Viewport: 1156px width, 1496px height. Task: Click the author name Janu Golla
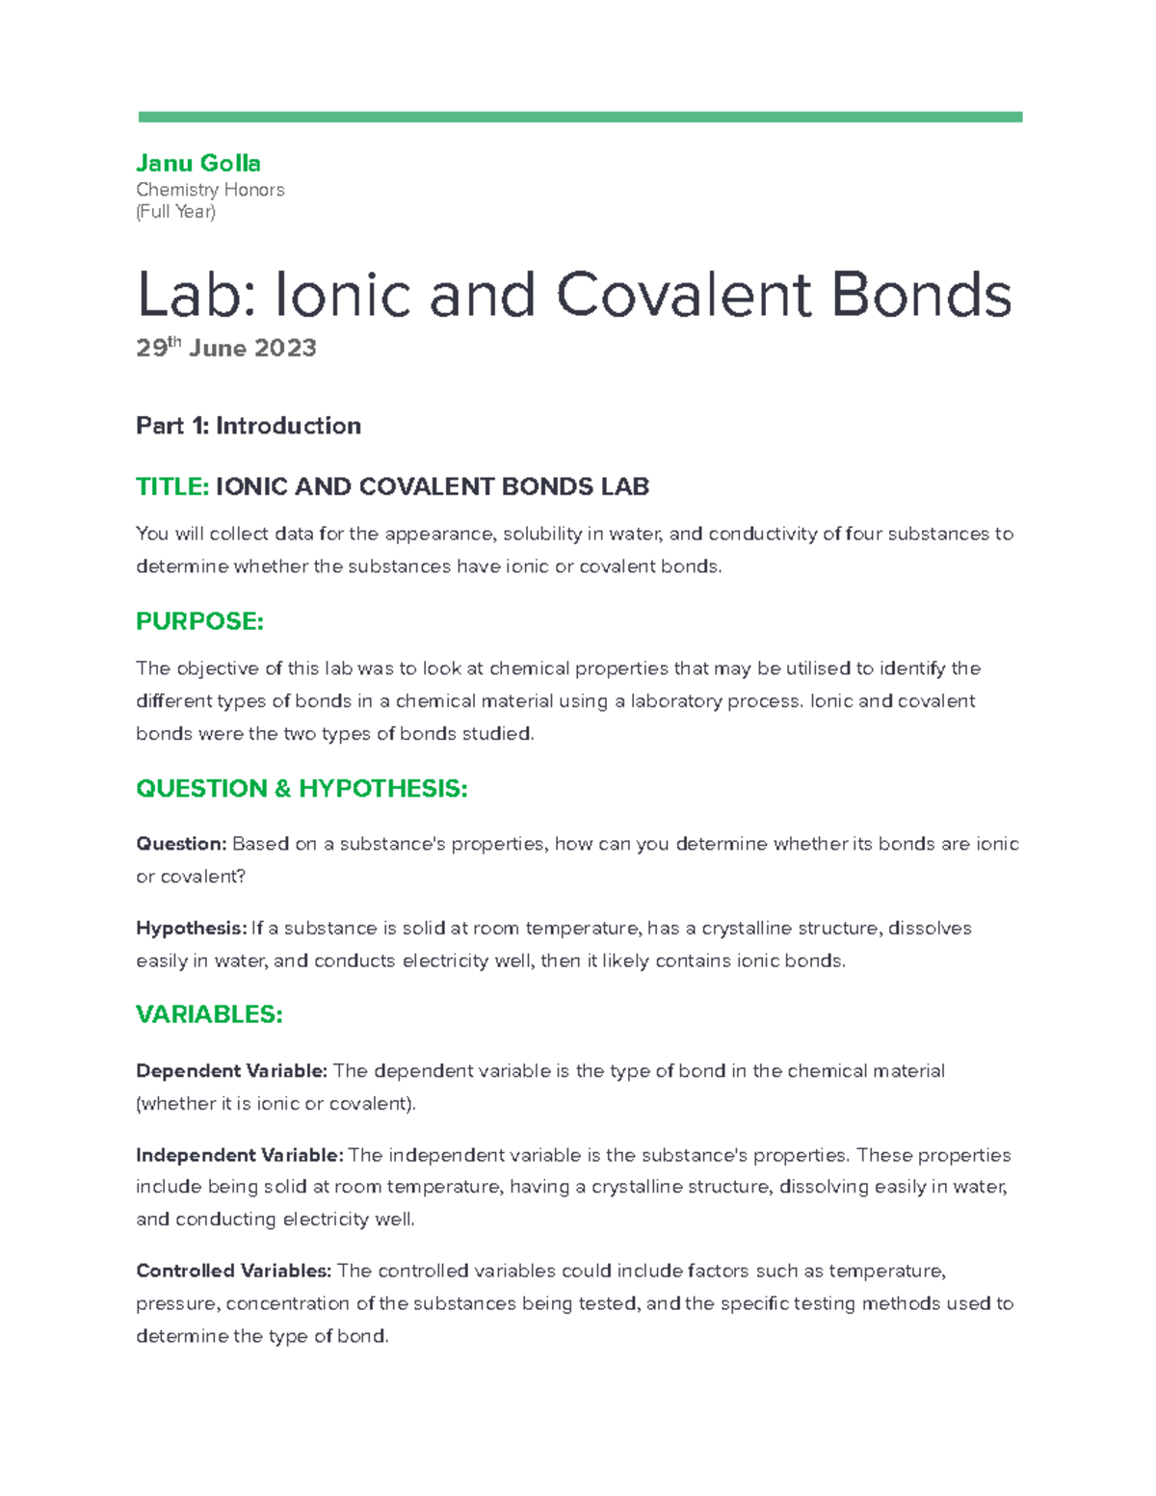pyautogui.click(x=198, y=163)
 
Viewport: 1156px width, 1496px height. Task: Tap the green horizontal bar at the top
pyautogui.click(x=579, y=117)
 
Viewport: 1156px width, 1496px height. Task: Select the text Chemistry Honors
pyautogui.click(x=210, y=190)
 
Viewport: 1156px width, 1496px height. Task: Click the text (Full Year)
pyautogui.click(x=175, y=212)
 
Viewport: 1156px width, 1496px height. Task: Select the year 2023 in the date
pyautogui.click(x=285, y=349)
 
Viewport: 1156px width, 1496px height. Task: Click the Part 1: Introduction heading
pyautogui.click(x=249, y=426)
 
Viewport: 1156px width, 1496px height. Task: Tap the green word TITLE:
pyautogui.click(x=172, y=486)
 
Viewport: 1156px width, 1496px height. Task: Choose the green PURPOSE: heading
pyautogui.click(x=199, y=621)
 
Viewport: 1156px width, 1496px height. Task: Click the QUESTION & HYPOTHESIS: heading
pyautogui.click(x=302, y=789)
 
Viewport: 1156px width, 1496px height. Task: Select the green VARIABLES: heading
pyautogui.click(x=209, y=1014)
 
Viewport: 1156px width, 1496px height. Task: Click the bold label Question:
pyautogui.click(x=181, y=844)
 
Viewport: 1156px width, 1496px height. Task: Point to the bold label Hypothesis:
pyautogui.click(x=191, y=929)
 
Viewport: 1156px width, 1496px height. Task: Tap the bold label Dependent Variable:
pyautogui.click(x=231, y=1071)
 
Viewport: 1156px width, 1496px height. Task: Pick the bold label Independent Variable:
pyautogui.click(x=239, y=1155)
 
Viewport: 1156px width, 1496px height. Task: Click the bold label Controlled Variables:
pyautogui.click(x=233, y=1271)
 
